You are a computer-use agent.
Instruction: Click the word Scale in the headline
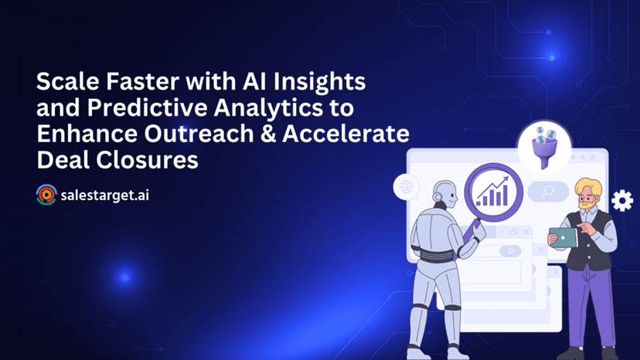click(x=68, y=81)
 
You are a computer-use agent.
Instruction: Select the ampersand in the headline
click(x=268, y=134)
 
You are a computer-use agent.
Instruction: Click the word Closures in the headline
click(x=148, y=160)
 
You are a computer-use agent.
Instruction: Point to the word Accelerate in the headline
click(x=346, y=134)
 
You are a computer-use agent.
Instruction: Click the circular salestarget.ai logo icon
click(x=46, y=195)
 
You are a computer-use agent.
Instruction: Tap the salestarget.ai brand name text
click(x=104, y=195)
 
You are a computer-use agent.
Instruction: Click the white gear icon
click(x=622, y=200)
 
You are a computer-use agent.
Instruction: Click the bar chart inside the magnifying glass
click(x=492, y=192)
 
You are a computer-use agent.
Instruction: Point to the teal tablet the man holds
click(x=563, y=237)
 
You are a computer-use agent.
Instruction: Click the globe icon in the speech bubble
click(x=407, y=188)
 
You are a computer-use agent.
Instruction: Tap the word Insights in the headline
click(x=319, y=82)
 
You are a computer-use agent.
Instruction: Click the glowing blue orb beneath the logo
click(x=125, y=277)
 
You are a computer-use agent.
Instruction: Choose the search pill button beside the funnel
click(x=548, y=191)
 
